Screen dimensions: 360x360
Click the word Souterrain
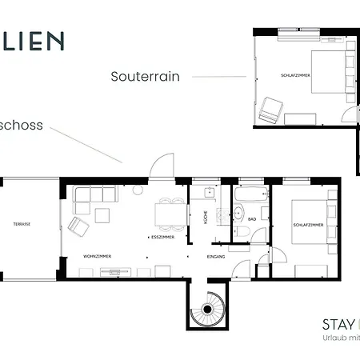point(145,77)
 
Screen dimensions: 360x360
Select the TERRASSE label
point(22,224)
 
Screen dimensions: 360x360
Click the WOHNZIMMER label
point(97,256)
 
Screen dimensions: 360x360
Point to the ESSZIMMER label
point(162,238)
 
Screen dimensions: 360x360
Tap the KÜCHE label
point(206,215)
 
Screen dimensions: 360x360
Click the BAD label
point(252,218)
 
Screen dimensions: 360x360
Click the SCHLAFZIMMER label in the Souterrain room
point(296,75)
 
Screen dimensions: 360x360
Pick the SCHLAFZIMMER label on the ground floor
point(308,226)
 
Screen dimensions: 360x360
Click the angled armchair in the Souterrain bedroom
point(270,109)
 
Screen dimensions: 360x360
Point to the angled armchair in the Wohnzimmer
point(79,226)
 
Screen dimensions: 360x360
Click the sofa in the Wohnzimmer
point(92,194)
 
